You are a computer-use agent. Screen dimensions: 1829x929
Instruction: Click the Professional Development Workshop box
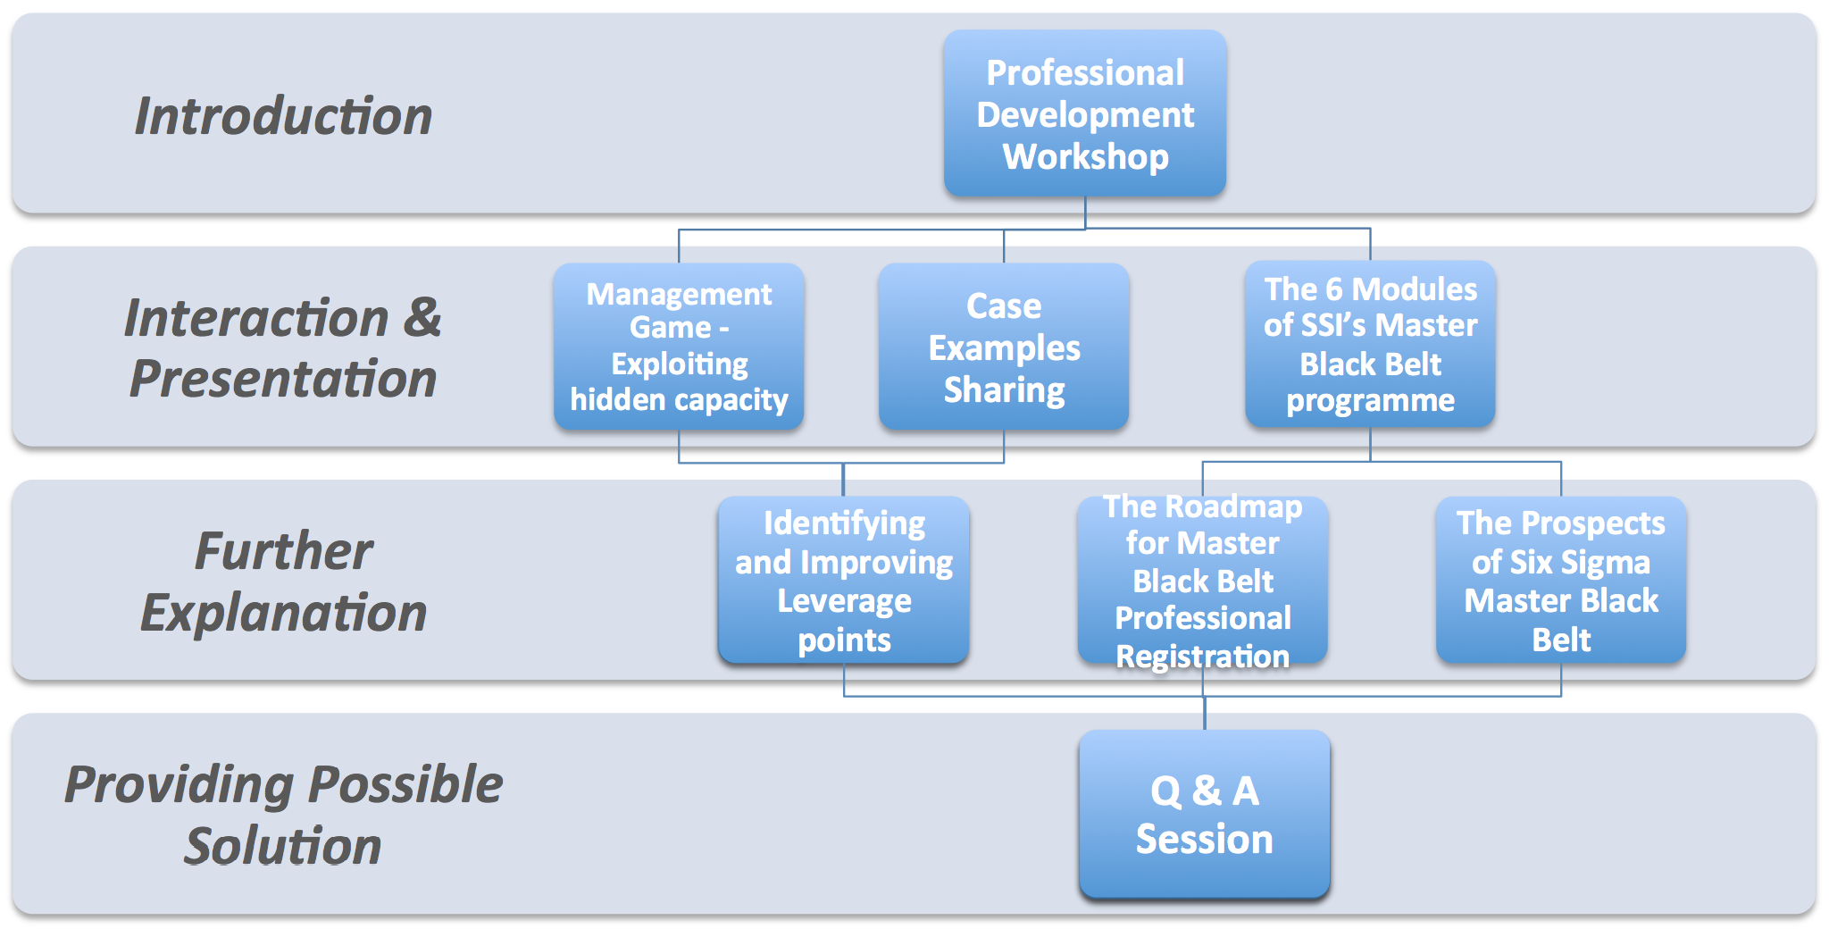[x=1085, y=113]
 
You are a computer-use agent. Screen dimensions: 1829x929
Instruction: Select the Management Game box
[x=679, y=347]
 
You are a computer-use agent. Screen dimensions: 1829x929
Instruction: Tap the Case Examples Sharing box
[x=1004, y=347]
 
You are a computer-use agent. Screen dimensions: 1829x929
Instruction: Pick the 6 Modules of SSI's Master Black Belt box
[x=1370, y=344]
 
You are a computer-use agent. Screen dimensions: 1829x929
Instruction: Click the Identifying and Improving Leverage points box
[x=844, y=580]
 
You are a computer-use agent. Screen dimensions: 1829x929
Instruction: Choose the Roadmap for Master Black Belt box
[x=1203, y=580]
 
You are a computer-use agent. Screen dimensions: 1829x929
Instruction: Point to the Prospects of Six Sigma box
[x=1561, y=580]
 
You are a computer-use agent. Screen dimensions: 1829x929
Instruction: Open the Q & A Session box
[x=1205, y=814]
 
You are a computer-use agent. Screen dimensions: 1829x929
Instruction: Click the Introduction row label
[x=283, y=116]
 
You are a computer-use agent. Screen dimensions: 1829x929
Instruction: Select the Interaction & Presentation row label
[x=283, y=348]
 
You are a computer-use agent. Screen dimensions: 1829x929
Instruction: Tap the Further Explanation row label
[x=283, y=582]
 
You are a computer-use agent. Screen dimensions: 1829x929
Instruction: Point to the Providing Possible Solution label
[x=283, y=815]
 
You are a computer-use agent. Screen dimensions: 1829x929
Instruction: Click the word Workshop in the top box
[x=1086, y=157]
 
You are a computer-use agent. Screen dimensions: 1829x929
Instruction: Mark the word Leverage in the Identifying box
[x=845, y=602]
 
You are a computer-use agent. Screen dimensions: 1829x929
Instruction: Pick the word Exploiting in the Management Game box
[x=680, y=364]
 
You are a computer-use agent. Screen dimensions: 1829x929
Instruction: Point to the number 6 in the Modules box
[x=1334, y=289]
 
